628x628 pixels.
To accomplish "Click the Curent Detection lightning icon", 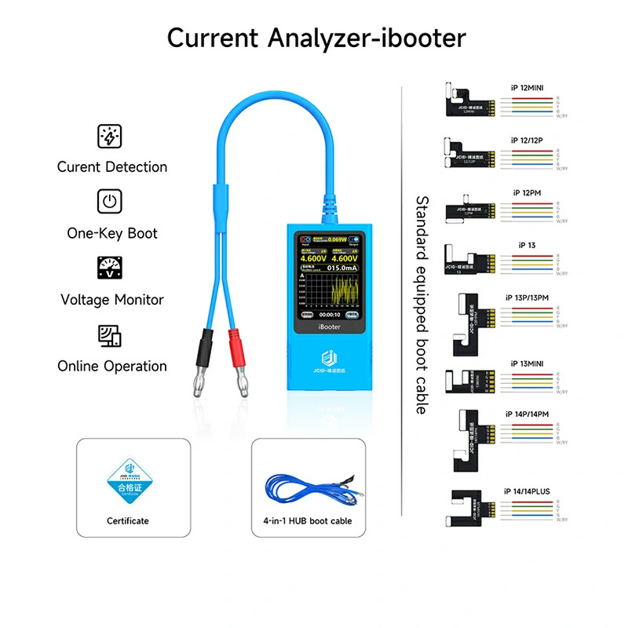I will point(109,136).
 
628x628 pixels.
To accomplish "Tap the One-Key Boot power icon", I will point(109,202).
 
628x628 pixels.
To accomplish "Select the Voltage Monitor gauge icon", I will point(109,268).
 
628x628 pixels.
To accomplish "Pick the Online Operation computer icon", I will point(109,335).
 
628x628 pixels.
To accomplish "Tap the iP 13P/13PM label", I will point(529,298).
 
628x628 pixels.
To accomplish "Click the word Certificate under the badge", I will point(127,520).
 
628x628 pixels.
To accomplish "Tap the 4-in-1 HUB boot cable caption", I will point(308,520).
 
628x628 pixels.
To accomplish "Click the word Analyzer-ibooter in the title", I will point(374,38).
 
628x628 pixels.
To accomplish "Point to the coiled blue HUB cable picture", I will point(308,487).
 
